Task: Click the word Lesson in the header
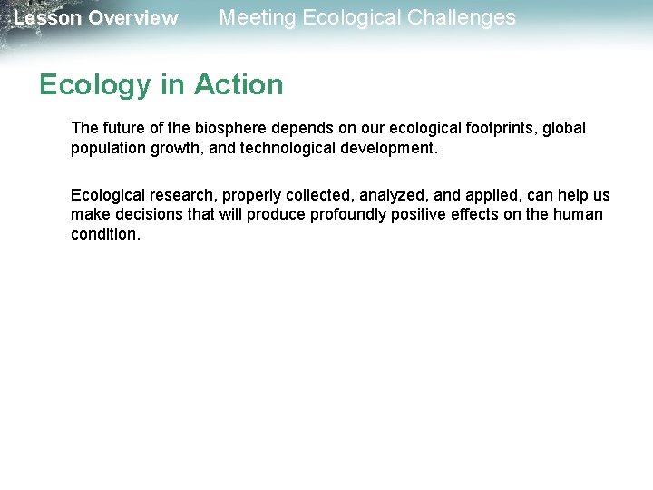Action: coord(48,18)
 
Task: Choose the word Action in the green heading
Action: coord(239,85)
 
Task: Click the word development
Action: coord(391,147)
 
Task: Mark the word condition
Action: coord(104,233)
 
